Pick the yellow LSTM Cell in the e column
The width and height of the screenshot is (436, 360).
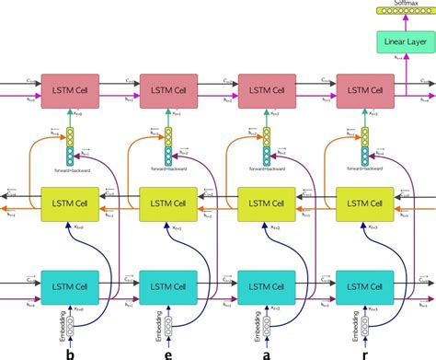tap(166, 202)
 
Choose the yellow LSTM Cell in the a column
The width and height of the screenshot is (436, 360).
tap(266, 202)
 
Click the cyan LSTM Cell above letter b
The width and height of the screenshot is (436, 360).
tap(67, 286)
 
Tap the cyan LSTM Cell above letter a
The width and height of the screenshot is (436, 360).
tap(266, 286)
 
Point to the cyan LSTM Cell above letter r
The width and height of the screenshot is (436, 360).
tap(365, 286)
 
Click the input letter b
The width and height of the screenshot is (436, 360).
tap(68, 351)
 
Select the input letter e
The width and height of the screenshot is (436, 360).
tap(167, 351)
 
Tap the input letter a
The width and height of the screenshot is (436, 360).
tap(267, 351)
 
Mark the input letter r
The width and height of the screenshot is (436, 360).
tap(366, 351)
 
